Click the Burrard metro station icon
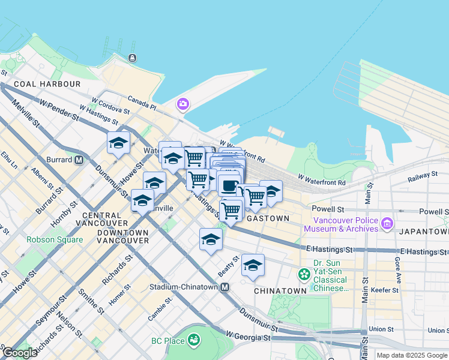point(79,160)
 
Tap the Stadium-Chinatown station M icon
point(224,287)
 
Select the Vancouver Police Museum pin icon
point(387,224)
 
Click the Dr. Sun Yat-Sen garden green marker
point(304,275)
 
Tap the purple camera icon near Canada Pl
point(182,104)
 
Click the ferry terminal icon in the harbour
point(131,58)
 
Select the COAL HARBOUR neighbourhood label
point(47,84)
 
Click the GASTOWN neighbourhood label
point(268,218)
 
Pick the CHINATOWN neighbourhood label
point(280,290)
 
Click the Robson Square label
point(55,239)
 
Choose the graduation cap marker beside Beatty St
point(253,265)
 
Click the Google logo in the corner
point(20,353)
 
